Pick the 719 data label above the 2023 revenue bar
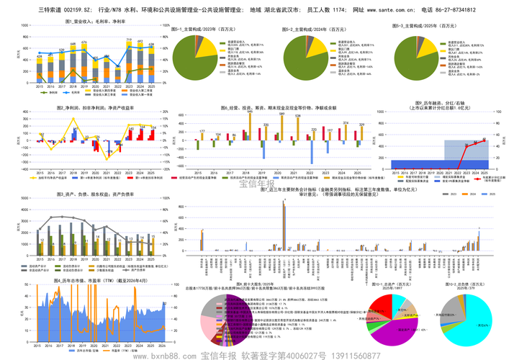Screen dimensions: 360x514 tap(129, 40)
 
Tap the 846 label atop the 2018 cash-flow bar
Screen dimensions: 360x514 tap(250, 112)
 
